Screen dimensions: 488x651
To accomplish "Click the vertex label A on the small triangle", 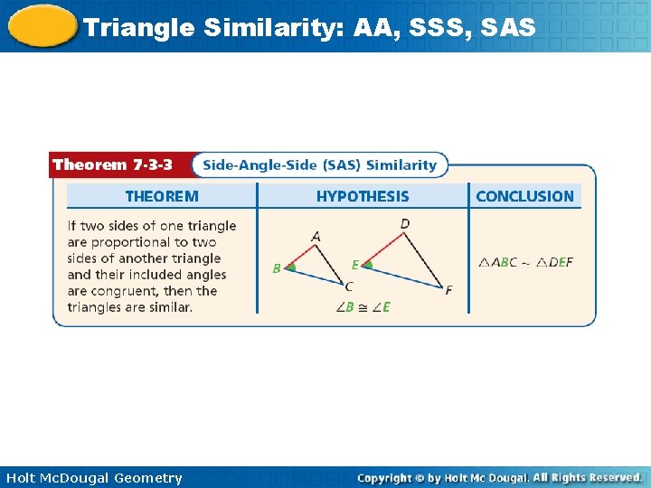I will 316,237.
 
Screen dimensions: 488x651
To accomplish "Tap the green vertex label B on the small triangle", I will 277,268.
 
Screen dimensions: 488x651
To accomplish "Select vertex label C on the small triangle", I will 349,286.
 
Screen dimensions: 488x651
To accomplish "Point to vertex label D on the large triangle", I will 404,223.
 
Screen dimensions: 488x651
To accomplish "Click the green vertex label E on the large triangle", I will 355,265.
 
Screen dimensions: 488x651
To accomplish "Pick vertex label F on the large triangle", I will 448,290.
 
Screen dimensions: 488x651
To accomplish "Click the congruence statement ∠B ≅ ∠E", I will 363,307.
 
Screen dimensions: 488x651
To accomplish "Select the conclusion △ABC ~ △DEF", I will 525,262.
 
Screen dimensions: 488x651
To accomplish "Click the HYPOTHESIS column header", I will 363,196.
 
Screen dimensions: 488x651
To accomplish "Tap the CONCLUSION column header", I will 524,196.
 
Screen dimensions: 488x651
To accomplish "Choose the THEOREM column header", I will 162,196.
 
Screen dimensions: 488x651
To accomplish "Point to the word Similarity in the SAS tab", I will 401,164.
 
